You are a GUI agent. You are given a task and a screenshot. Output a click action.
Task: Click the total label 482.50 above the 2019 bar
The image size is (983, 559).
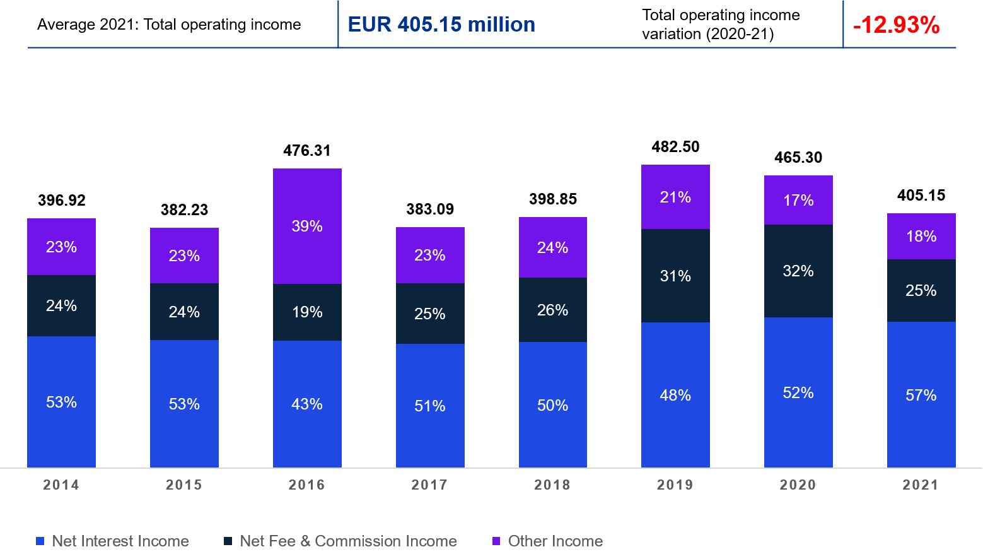pos(675,147)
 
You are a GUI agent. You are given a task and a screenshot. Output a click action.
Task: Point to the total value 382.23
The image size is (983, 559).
pos(184,210)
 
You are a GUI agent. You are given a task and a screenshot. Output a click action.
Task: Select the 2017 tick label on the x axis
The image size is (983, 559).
pos(429,485)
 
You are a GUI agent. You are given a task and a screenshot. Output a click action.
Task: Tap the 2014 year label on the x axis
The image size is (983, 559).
pos(61,485)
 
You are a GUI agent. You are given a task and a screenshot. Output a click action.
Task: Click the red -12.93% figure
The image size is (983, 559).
pos(896,25)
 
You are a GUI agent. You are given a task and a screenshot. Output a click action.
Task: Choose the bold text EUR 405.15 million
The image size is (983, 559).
pos(441,25)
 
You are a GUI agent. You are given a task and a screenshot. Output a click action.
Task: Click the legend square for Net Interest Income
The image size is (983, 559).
pos(40,541)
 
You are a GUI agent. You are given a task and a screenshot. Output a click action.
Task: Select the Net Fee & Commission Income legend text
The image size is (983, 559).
pos(348,541)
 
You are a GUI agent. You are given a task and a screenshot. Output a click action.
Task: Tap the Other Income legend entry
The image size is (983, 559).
pos(555,541)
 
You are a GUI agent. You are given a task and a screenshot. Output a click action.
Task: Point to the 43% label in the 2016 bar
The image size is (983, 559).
pos(307,404)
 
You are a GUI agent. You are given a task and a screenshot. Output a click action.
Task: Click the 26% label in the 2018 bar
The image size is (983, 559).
pos(552,310)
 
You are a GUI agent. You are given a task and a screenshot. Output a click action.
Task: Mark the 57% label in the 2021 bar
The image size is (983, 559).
pos(921,396)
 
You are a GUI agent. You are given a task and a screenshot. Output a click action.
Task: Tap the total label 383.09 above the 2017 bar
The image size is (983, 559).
pos(429,209)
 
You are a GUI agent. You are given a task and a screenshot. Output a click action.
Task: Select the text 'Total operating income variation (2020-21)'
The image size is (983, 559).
pos(721,25)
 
